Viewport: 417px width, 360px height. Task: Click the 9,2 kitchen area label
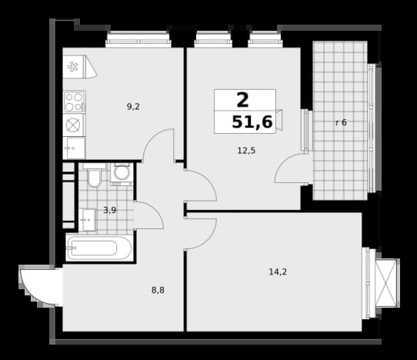133,107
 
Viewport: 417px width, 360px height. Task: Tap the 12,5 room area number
246,151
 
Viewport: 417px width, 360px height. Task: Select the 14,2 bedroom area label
278,272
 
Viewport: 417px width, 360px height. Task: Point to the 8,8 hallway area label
158,290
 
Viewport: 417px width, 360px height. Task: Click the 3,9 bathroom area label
109,211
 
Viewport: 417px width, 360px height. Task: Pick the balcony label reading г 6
341,122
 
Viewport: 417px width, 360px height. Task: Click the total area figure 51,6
252,122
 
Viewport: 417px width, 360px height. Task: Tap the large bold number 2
242,100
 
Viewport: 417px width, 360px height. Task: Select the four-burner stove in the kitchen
74,102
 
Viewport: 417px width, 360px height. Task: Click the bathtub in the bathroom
99,248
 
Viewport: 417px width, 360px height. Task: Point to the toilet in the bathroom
94,175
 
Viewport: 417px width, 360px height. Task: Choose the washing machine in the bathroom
122,174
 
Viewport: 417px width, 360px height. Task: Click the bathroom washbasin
87,220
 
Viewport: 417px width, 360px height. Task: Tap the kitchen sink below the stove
74,148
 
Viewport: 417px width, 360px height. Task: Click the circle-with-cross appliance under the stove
73,125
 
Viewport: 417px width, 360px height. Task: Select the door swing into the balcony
292,168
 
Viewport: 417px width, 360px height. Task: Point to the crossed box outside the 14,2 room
385,282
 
